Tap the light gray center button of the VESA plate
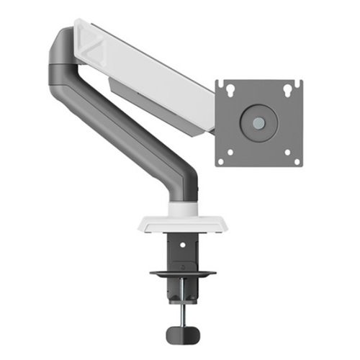(x=258, y=121)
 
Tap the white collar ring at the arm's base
(x=179, y=209)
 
